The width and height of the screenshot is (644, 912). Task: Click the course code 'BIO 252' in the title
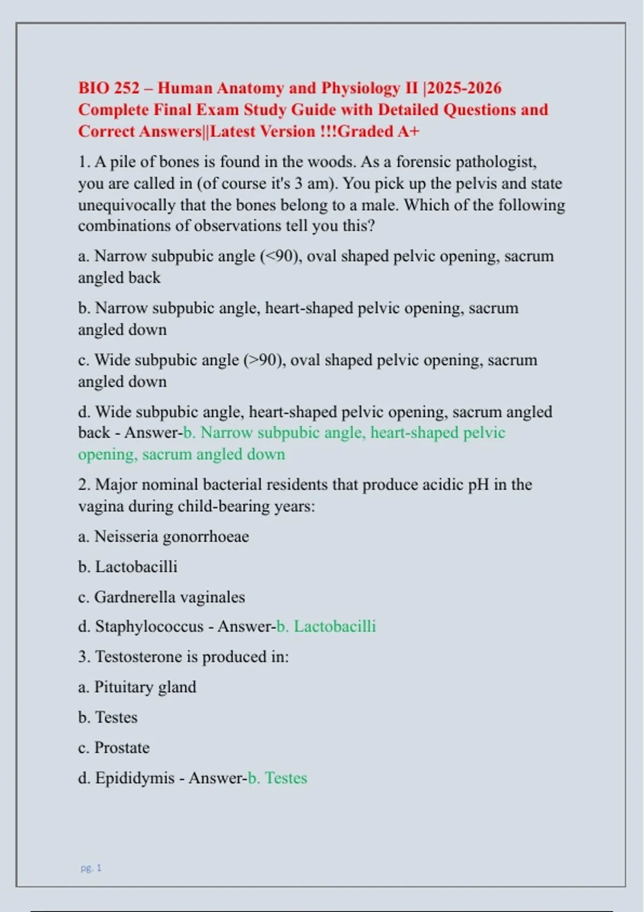tap(109, 88)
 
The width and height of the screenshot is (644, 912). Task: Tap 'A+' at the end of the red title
tap(408, 131)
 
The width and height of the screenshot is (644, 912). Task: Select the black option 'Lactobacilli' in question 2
tap(136, 567)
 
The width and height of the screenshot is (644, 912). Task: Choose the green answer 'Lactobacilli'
tap(334, 627)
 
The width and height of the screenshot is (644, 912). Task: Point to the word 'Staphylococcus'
tap(149, 627)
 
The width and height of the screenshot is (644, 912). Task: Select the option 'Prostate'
tap(122, 748)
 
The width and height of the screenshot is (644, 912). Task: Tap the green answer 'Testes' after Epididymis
tap(286, 778)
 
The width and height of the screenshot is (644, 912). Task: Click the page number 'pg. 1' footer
tap(91, 867)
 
